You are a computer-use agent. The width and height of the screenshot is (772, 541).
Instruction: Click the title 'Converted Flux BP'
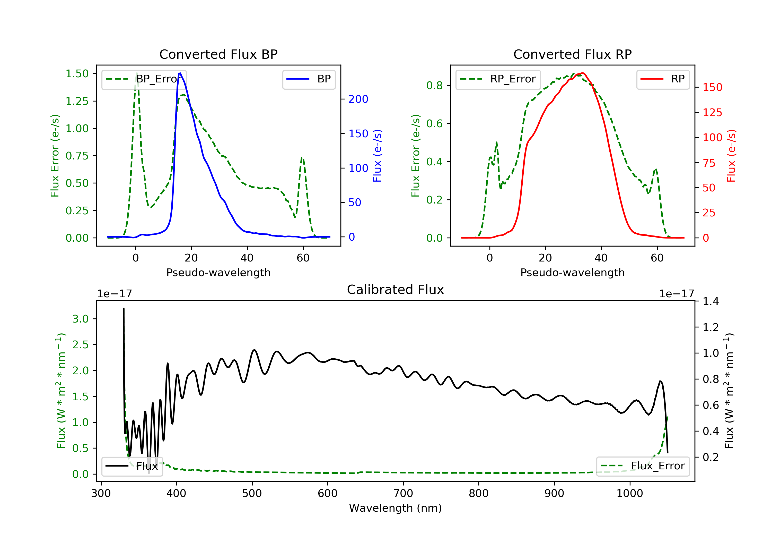[x=218, y=54]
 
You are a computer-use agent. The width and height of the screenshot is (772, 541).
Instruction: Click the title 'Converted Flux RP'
[x=573, y=54]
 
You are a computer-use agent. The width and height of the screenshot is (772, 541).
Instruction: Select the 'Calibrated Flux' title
[x=396, y=290]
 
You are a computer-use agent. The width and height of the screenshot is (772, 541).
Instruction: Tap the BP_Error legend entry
[x=144, y=79]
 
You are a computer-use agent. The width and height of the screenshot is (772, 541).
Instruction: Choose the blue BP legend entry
[x=309, y=79]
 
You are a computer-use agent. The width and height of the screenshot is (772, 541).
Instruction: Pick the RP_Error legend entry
[x=498, y=79]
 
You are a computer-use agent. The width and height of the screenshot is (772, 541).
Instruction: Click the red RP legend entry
[x=663, y=79]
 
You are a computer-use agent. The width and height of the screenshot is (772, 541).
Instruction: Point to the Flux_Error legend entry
[x=643, y=466]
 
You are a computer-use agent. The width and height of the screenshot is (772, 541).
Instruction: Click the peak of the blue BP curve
[x=180, y=73]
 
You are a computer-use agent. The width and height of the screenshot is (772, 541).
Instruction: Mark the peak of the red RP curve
[x=583, y=73]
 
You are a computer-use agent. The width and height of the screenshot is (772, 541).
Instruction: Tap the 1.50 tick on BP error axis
[x=77, y=74]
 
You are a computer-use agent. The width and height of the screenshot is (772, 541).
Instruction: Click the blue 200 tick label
[x=358, y=99]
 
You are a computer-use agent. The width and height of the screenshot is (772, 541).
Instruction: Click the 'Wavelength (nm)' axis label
[x=396, y=508]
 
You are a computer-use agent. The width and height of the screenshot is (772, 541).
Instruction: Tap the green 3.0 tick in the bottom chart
[x=80, y=319]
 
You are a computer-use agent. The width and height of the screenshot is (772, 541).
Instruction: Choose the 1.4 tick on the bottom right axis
[x=711, y=301]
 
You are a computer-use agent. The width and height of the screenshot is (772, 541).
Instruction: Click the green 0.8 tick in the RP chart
[x=434, y=86]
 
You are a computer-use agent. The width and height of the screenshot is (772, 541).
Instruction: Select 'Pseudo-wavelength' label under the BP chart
[x=218, y=272]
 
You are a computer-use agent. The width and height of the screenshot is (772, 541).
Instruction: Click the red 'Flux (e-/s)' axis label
[x=731, y=156]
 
